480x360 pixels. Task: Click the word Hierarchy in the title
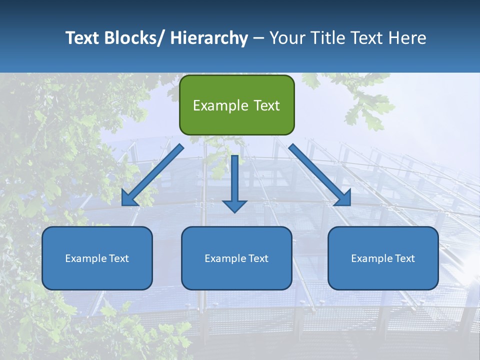tap(208, 38)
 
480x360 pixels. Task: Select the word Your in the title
tap(286, 38)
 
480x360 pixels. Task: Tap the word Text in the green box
tap(266, 105)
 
